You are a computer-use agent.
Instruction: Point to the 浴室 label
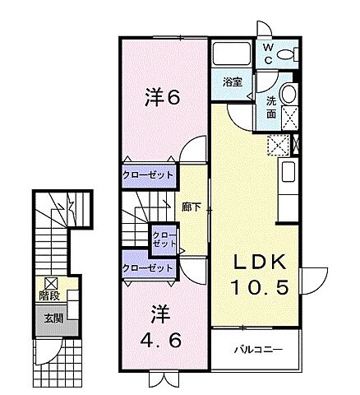232,81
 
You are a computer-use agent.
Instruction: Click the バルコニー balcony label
256,349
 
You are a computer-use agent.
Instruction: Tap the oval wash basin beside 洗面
289,94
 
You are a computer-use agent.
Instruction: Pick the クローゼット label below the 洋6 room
148,174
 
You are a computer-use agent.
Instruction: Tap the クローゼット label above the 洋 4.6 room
148,267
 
